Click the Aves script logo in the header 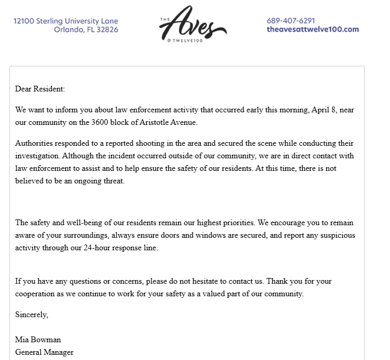pos(193,24)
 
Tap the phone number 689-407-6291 pos(291,21)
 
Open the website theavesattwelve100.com pos(313,29)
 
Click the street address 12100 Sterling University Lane pos(66,21)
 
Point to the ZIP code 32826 pos(106,29)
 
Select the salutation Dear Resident pos(40,89)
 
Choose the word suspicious pos(335,235)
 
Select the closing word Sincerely pos(31,315)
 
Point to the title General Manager pos(44,352)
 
